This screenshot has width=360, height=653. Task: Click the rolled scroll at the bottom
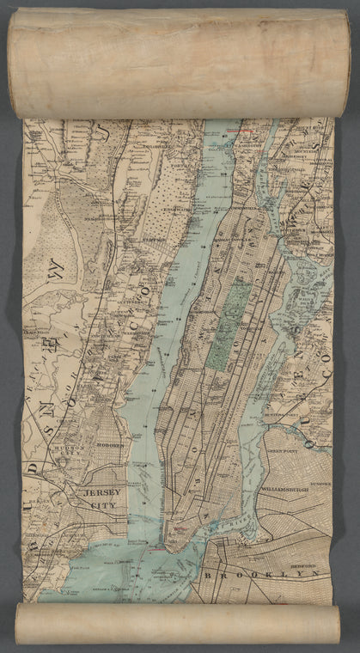click(179, 623)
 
